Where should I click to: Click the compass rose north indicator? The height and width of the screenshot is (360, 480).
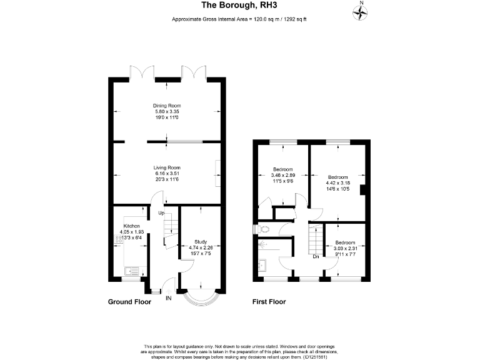point(360,10)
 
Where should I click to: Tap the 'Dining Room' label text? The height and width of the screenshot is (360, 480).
point(167,106)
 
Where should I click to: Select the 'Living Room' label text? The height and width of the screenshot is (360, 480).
point(167,167)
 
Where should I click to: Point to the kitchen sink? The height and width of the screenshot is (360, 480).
point(132,271)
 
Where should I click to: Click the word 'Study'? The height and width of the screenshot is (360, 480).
point(201,241)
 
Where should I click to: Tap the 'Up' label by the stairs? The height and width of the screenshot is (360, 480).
point(161,214)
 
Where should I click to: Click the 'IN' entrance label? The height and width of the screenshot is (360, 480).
point(168,298)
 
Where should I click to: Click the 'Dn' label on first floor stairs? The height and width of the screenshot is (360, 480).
point(316,256)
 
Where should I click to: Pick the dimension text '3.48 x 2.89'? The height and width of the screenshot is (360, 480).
point(284,176)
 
